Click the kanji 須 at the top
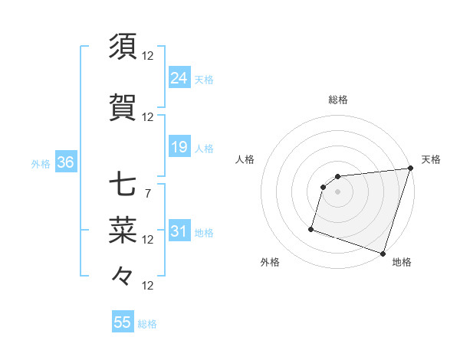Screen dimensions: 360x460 [x=123, y=47]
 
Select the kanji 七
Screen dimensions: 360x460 [x=123, y=185]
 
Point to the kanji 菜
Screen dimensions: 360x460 [x=123, y=228]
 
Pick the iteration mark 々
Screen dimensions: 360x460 [x=123, y=275]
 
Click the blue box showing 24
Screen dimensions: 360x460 [x=179, y=77]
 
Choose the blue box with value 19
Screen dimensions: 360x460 [x=179, y=146]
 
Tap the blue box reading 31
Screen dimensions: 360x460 [x=179, y=231]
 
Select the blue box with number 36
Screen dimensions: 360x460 [x=65, y=162]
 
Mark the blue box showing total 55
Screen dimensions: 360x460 [x=123, y=322]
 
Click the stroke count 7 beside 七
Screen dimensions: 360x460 [x=147, y=193]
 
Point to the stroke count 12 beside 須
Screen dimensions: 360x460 [x=148, y=56]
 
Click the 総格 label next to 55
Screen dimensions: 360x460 [x=148, y=324]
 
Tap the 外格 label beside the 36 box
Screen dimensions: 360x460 [x=41, y=163]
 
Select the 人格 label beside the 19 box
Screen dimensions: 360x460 [x=204, y=148]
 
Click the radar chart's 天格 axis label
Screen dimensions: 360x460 [x=431, y=159]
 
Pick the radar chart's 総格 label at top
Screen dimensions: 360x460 [x=338, y=100]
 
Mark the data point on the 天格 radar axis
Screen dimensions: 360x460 [x=410, y=169]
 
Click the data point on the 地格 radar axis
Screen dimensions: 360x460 [x=383, y=253]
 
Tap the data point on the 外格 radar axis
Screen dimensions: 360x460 [x=311, y=228]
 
